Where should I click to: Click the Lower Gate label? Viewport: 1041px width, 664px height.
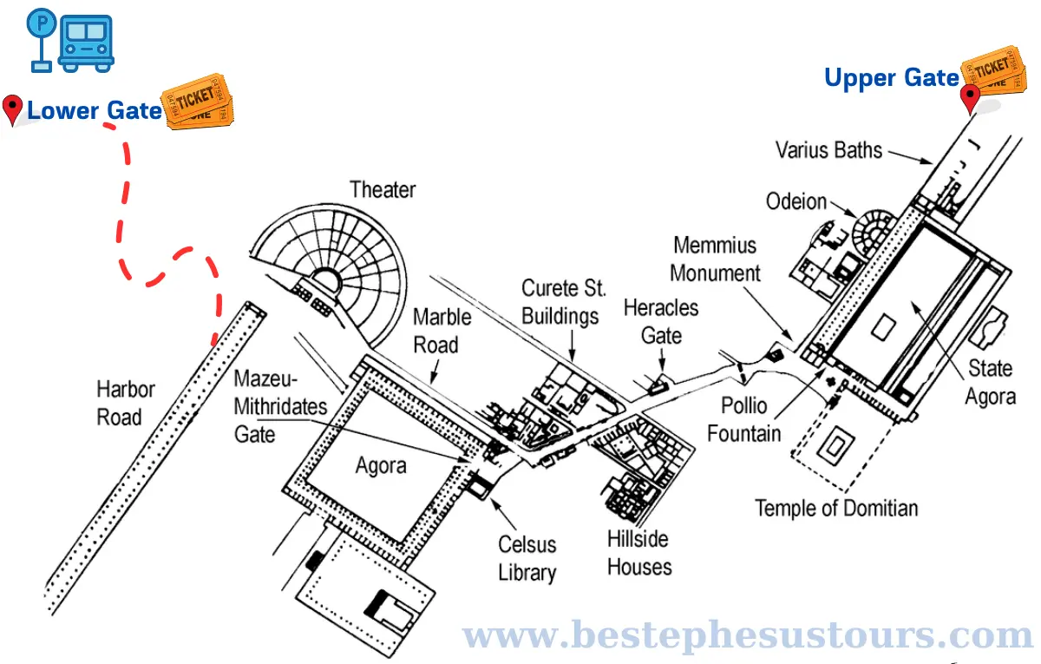[95, 110]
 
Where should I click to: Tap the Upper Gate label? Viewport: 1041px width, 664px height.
[891, 78]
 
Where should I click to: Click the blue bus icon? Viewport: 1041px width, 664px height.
[85, 43]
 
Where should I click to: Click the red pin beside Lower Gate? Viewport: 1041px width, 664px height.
[12, 109]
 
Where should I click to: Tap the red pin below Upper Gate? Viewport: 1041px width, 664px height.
[970, 98]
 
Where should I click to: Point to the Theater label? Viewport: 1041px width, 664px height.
[383, 189]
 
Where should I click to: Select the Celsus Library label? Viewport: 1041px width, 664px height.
[527, 558]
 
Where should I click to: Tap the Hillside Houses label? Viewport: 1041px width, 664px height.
[639, 553]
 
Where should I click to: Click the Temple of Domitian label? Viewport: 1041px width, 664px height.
[836, 508]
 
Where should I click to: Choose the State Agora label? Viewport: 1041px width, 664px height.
[991, 382]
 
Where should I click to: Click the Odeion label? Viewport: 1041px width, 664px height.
[796, 201]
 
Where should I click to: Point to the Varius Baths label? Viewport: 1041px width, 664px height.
[828, 150]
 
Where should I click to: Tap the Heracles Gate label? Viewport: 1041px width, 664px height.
[661, 321]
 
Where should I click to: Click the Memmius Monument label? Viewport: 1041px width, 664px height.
[716, 260]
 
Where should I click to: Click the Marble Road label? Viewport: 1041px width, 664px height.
[442, 331]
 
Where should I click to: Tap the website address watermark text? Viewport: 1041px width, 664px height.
[750, 636]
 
